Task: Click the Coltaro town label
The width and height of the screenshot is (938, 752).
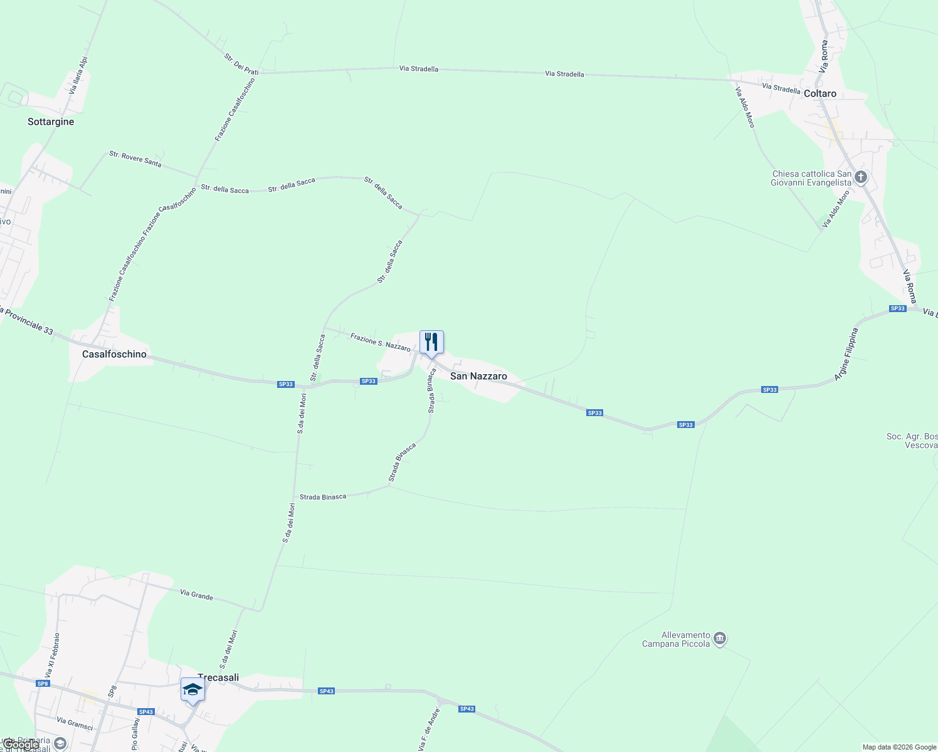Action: (x=819, y=94)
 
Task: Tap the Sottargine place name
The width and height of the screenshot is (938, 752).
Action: (x=51, y=122)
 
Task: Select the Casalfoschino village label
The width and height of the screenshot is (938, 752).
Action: (x=114, y=355)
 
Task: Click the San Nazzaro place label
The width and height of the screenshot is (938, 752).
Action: (x=478, y=377)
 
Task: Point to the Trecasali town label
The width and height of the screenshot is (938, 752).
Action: (x=218, y=677)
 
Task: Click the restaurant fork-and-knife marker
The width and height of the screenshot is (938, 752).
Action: (x=431, y=342)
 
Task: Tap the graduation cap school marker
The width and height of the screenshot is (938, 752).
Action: (x=192, y=690)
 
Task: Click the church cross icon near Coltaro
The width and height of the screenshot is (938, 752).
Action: (x=861, y=178)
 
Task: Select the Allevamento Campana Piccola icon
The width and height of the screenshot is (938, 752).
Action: (x=720, y=639)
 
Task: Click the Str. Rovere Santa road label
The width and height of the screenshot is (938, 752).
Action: (x=135, y=159)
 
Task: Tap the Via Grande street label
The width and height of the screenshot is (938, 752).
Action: (x=196, y=595)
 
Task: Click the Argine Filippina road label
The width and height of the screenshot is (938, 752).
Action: (x=845, y=355)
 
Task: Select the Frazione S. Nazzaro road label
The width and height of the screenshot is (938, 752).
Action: (x=380, y=342)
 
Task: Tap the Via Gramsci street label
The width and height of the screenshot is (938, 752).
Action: (x=75, y=724)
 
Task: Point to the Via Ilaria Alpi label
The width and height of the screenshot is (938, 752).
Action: (x=78, y=76)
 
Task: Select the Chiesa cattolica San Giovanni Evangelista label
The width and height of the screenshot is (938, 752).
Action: (x=811, y=179)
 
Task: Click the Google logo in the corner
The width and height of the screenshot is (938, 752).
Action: (x=20, y=744)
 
